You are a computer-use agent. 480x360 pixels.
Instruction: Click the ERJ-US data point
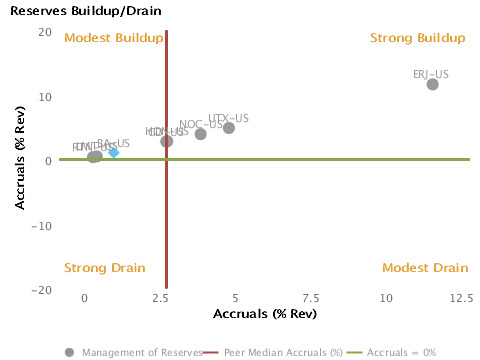point(432,84)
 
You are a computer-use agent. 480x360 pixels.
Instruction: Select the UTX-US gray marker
point(229,128)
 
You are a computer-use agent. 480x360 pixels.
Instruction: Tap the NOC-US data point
point(201,134)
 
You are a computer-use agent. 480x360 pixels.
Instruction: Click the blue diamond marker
point(114,152)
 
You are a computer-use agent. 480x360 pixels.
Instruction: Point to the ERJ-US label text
point(431,74)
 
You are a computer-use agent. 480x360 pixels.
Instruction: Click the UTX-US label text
point(229,118)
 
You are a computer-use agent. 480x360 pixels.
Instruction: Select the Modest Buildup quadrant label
point(113,38)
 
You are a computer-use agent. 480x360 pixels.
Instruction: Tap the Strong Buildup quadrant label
point(418,38)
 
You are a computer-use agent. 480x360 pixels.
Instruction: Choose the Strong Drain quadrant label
point(105,268)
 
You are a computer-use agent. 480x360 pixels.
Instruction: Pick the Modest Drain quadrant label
point(425,268)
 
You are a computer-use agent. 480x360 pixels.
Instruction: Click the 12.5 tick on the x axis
point(461,298)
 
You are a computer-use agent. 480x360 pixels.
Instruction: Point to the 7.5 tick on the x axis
point(310,298)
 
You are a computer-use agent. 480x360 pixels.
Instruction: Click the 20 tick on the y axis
point(45,32)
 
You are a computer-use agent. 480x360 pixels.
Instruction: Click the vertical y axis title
point(19,160)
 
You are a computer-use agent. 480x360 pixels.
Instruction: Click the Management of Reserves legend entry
point(135,352)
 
